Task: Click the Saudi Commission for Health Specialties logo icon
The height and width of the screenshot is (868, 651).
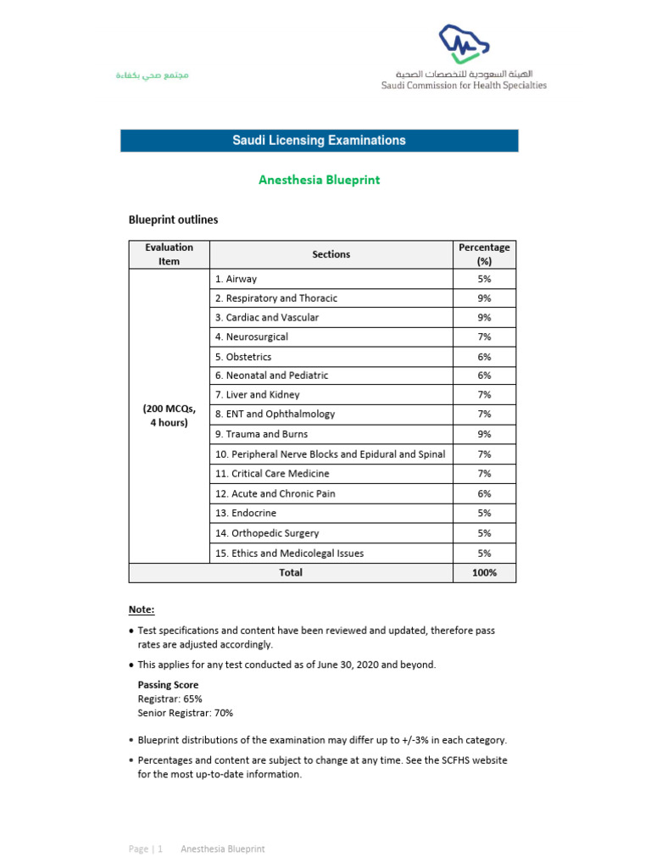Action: tap(463, 44)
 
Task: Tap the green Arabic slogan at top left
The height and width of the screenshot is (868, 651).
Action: tap(152, 76)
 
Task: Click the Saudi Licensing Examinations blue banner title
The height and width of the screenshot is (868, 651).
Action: tap(319, 141)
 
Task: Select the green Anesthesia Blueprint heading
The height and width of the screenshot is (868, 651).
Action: tap(319, 180)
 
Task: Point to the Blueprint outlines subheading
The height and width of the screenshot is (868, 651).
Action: tap(173, 220)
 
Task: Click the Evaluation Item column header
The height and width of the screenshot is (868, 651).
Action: tap(169, 254)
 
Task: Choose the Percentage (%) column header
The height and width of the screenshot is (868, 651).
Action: tap(484, 254)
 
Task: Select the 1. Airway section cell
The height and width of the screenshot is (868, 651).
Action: tap(236, 279)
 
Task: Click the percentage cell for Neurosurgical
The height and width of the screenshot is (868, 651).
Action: tap(484, 337)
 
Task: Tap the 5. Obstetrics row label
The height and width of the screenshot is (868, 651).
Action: tap(243, 357)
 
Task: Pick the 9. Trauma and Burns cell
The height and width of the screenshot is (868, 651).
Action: tap(261, 434)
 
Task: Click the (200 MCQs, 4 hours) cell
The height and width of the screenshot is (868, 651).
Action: tap(169, 415)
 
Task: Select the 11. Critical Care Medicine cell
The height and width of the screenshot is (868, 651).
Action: tap(272, 473)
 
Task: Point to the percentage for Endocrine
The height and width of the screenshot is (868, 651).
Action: tap(484, 513)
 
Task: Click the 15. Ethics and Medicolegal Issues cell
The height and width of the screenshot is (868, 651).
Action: tap(289, 553)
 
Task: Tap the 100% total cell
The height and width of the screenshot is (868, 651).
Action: tap(484, 573)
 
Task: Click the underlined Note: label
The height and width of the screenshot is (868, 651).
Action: tap(142, 609)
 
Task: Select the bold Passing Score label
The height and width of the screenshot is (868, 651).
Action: tap(168, 685)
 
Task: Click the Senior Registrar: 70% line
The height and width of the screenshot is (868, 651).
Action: tap(185, 713)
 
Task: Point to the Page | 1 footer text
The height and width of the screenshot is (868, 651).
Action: tap(145, 849)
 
